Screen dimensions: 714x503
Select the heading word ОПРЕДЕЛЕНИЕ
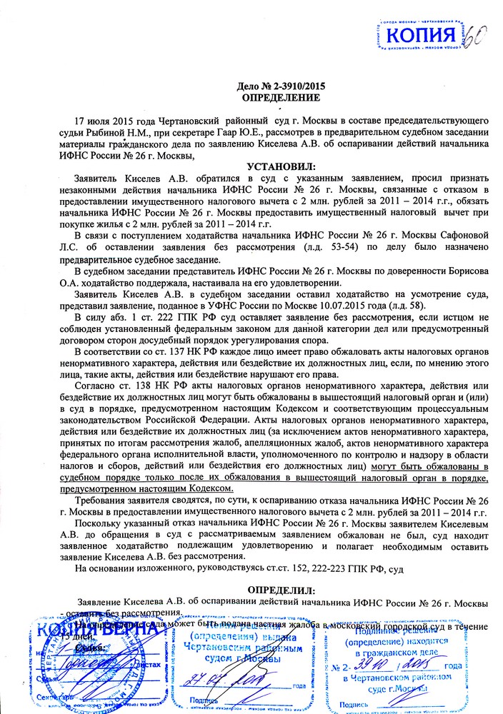[x=277, y=97]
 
